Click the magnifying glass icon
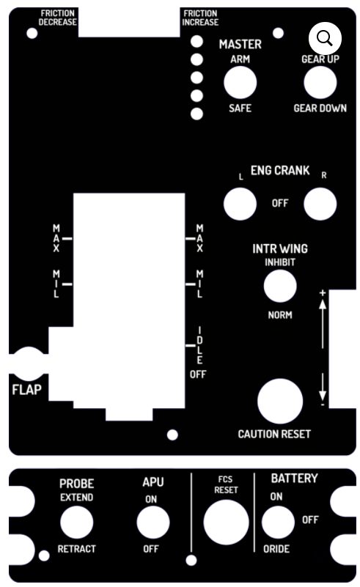tap(325, 39)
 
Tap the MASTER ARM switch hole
tap(240, 83)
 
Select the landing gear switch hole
tap(320, 83)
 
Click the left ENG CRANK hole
tap(240, 204)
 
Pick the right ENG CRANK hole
tap(320, 204)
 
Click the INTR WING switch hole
tap(280, 286)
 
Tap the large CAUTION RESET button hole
tap(280, 401)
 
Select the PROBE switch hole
tap(77, 523)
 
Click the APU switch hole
tap(153, 523)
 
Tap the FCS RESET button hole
tap(227, 523)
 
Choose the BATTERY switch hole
tap(278, 523)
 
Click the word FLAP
tap(26, 390)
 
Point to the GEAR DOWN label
tap(320, 108)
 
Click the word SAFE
tap(240, 108)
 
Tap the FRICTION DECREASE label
tap(58, 18)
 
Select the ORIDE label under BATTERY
tap(276, 549)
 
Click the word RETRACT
tap(77, 549)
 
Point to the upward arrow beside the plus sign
tap(323, 324)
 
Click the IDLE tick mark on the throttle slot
tap(191, 345)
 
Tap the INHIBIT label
tap(280, 262)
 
